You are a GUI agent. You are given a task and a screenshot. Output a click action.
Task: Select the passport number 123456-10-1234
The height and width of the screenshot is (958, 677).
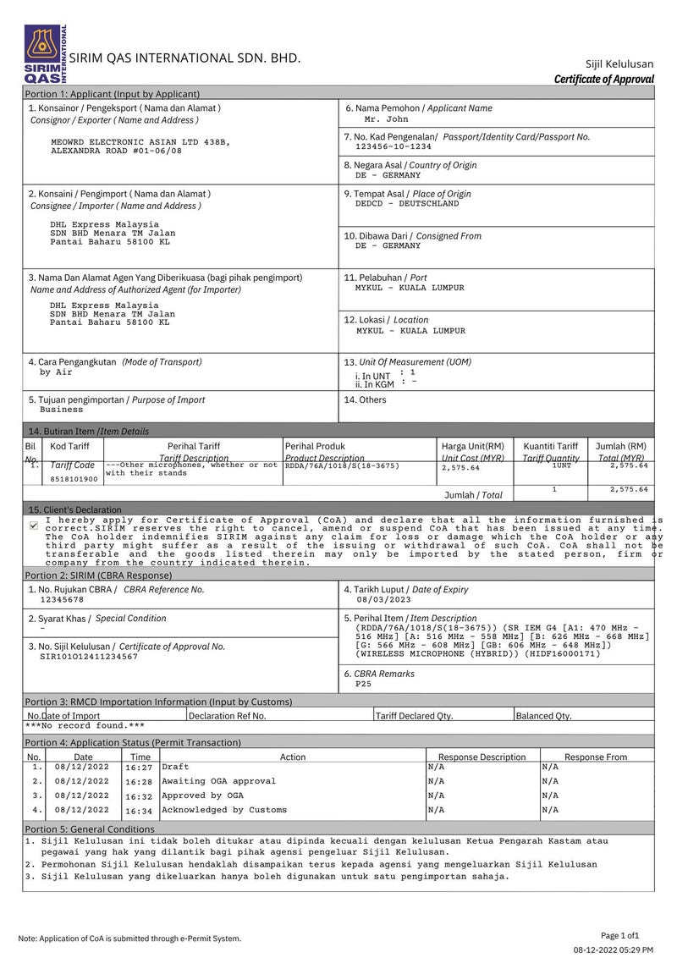[387, 146]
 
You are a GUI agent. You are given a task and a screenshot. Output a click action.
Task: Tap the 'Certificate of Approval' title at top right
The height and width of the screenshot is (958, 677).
[603, 80]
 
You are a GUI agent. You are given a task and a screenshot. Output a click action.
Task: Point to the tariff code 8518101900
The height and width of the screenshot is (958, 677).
[74, 479]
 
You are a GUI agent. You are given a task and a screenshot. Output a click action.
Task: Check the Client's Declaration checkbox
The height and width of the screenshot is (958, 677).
[33, 526]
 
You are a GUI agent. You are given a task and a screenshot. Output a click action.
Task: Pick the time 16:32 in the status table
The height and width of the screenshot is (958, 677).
[139, 796]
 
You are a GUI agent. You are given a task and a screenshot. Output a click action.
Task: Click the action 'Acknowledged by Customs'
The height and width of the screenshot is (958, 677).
[223, 810]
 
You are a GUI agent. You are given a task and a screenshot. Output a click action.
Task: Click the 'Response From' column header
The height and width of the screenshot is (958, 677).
[596, 757]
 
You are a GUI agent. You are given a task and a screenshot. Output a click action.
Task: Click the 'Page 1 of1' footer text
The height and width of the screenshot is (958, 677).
[620, 935]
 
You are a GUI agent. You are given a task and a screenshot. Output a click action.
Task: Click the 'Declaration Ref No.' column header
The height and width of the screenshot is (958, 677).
[228, 715]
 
